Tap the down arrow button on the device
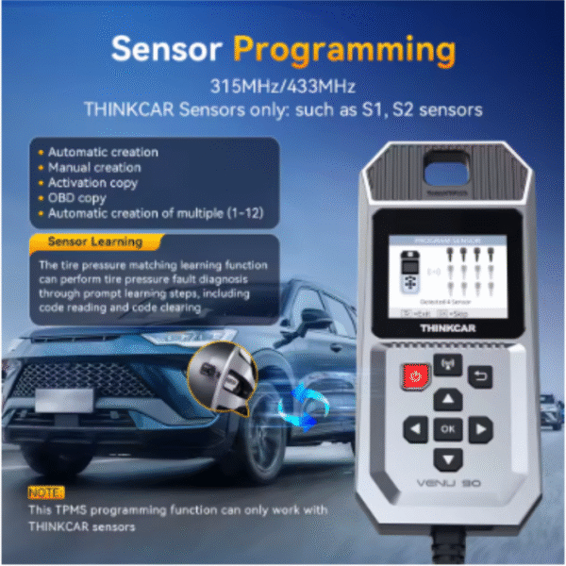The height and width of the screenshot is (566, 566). (448, 458)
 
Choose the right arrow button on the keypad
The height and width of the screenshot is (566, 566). (480, 430)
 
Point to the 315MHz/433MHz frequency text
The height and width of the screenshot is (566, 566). (282, 86)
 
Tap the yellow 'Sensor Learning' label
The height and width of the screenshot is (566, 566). (94, 242)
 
